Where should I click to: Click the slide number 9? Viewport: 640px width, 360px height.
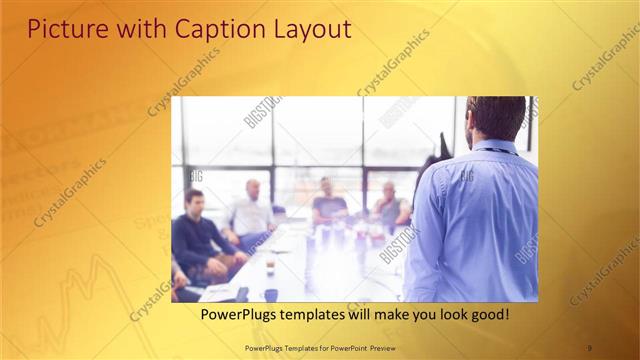click(590, 347)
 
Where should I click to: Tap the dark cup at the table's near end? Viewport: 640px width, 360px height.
click(271, 294)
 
